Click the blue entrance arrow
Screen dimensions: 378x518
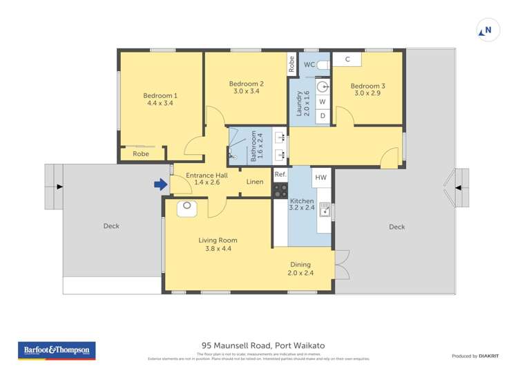160,185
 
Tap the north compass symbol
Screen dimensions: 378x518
486,30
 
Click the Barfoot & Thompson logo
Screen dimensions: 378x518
56,351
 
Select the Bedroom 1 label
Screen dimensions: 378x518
160,96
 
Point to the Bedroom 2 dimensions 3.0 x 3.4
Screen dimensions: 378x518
247,91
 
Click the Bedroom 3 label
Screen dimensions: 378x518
369,86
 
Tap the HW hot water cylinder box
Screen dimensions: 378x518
320,178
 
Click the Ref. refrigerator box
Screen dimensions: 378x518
280,174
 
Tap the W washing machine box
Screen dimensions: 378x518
322,102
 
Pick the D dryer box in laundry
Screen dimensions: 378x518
322,116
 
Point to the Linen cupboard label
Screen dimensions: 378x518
255,182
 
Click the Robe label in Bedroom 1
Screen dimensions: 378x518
140,154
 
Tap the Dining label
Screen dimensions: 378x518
300,264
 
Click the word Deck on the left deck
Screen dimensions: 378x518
111,226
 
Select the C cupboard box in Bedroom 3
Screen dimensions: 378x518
347,59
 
